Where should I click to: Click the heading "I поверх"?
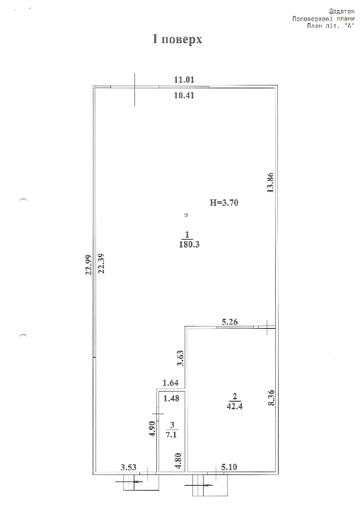pyautogui.click(x=178, y=40)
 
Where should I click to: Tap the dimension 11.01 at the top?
pyautogui.click(x=184, y=80)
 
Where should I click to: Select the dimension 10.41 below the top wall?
pyautogui.click(x=184, y=95)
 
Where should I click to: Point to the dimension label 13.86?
pyautogui.click(x=271, y=183)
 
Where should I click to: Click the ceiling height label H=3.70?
pyautogui.click(x=224, y=203)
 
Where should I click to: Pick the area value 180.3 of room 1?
pyautogui.click(x=189, y=245)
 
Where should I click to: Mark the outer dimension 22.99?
pyautogui.click(x=88, y=264)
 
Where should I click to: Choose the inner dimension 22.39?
pyautogui.click(x=101, y=263)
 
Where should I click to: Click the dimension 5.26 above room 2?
pyautogui.click(x=230, y=322)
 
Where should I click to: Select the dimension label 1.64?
pyautogui.click(x=170, y=383)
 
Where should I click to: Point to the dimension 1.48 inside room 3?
pyautogui.click(x=171, y=398)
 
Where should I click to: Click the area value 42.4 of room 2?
pyautogui.click(x=235, y=406)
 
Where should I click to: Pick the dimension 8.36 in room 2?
pyautogui.click(x=272, y=397)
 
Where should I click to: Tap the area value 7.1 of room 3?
pyautogui.click(x=171, y=435)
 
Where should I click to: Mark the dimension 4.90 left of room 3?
pyautogui.click(x=153, y=429)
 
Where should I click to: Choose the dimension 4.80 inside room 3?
pyautogui.click(x=179, y=461)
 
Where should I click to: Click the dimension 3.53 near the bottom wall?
pyautogui.click(x=129, y=467)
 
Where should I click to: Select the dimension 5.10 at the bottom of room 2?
pyautogui.click(x=229, y=467)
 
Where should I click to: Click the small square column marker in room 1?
pyautogui.click(x=186, y=215)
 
